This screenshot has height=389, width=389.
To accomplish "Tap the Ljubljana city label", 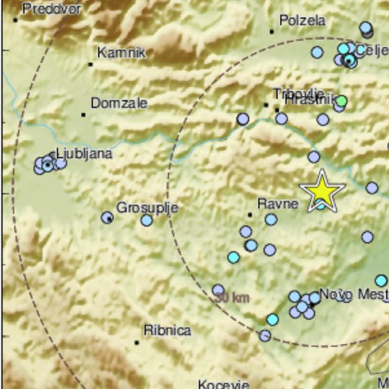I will point(84,154).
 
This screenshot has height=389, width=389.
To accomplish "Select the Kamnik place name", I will point(121,53).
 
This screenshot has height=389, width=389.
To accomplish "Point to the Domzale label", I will point(119,102).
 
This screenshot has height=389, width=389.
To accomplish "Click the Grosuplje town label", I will point(147,207).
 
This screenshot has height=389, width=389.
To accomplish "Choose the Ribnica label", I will point(167,331).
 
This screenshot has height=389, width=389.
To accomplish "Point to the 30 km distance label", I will point(232,298).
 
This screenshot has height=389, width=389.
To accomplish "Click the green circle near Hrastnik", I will point(342,101).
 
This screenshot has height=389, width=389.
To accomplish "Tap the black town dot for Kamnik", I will point(91,64).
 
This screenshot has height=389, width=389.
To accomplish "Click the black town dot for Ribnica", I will point(137,342).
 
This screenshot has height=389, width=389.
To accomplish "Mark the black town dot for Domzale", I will point(84,115).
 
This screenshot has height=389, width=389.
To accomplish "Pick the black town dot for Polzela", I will point(272,31).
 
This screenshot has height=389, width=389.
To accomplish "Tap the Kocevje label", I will point(223,383).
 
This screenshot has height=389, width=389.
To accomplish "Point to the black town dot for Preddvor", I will point(15,19).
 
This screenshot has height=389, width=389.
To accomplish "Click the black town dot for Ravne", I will point(250,215).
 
